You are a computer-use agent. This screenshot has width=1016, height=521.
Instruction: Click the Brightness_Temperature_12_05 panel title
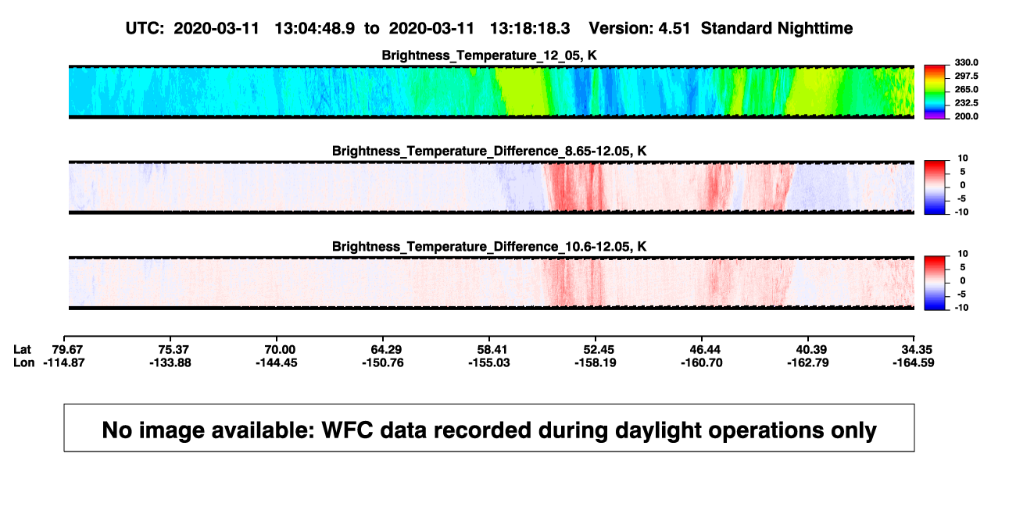489,55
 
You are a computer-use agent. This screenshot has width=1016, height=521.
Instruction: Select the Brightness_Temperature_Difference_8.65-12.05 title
489,151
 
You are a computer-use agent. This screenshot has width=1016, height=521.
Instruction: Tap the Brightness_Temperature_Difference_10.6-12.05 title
489,247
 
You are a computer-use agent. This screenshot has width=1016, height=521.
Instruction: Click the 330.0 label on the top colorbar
966,62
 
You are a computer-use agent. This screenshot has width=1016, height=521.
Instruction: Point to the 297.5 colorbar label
966,76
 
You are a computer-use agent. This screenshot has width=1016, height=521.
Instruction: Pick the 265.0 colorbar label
966,89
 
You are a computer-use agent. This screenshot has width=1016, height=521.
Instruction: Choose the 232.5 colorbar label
966,103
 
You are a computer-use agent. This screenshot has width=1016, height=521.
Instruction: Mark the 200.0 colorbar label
966,116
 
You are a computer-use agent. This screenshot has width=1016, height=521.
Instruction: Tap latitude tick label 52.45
598,350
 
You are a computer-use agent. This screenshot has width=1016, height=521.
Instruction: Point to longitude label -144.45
276,362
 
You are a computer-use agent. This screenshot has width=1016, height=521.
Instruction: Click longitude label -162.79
808,362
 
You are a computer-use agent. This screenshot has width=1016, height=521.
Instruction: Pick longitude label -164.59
913,362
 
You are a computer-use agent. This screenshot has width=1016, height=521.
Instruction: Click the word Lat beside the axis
22,350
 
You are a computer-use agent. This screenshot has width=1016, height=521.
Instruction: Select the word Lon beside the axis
23,362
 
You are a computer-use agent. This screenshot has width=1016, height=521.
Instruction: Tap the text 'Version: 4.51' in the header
639,28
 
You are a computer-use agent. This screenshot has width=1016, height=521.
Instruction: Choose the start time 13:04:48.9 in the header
315,28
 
